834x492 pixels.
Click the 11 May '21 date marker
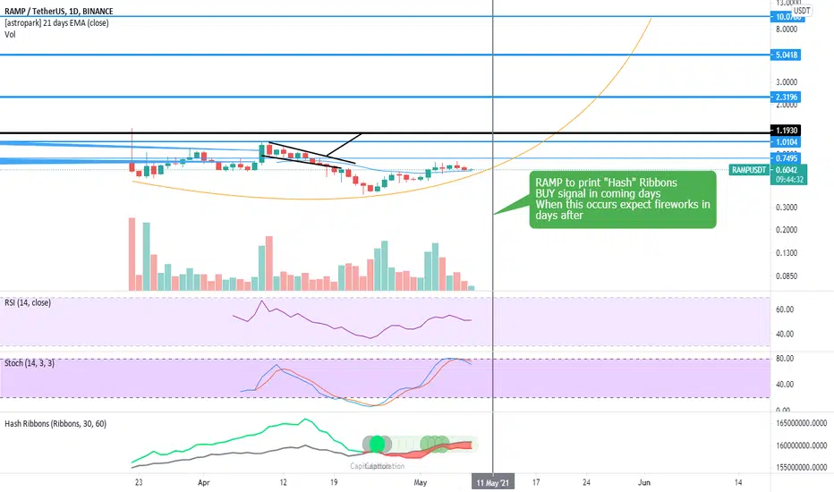(x=493, y=480)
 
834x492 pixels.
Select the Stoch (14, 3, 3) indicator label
(x=38, y=365)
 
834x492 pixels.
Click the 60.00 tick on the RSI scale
(x=785, y=310)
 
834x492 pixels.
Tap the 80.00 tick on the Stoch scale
(x=785, y=359)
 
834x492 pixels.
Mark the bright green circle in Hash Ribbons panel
(x=377, y=443)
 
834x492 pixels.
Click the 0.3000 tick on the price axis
(x=786, y=207)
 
